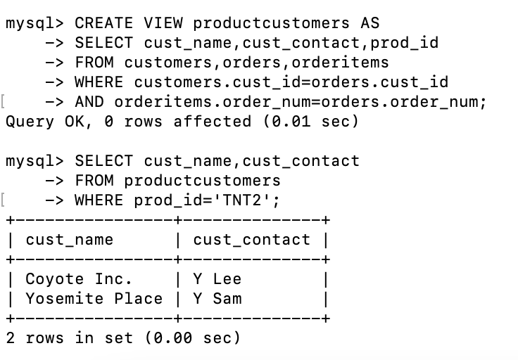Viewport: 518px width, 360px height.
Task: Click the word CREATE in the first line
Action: click(x=103, y=23)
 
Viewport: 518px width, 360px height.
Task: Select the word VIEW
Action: click(x=163, y=23)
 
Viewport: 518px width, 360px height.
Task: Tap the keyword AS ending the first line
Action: click(x=370, y=23)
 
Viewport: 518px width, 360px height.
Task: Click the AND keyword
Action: click(x=89, y=102)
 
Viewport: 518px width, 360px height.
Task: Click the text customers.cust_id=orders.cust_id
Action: click(x=291, y=82)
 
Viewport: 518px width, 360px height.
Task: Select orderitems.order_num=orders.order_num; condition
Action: click(x=301, y=102)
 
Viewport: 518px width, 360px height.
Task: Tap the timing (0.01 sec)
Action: click(x=311, y=122)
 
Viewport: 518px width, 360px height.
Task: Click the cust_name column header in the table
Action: click(x=70, y=240)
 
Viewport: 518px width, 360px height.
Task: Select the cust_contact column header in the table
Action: click(x=252, y=240)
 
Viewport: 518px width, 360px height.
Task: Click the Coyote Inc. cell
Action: click(x=79, y=279)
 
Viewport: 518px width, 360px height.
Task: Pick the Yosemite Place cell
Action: click(x=94, y=299)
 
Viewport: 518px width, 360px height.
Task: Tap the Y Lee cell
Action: click(x=217, y=279)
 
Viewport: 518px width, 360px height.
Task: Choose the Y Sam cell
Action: click(x=217, y=299)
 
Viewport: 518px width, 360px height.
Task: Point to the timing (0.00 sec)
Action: click(x=193, y=338)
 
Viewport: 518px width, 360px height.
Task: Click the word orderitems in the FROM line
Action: click(x=340, y=63)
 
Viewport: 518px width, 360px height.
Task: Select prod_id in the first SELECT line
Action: click(x=405, y=43)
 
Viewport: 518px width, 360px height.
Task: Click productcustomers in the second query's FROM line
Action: click(x=202, y=181)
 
